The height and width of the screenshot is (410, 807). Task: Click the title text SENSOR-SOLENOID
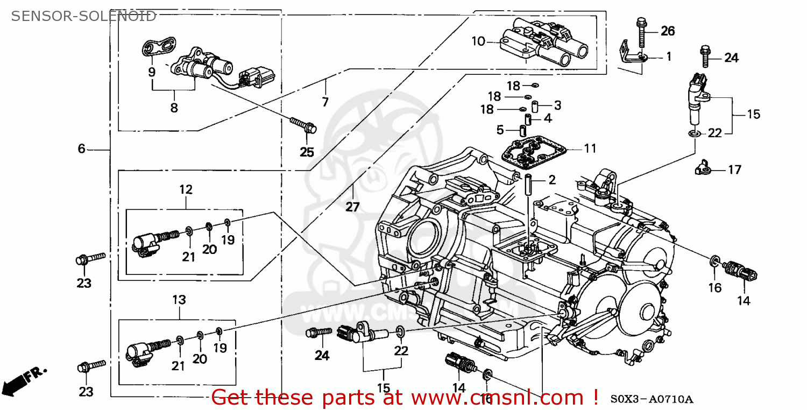84,16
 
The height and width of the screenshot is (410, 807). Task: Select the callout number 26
667,31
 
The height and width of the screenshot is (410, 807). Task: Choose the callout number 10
478,41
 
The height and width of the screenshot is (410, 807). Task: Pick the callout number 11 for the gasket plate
590,148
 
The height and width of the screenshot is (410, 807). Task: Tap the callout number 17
734,169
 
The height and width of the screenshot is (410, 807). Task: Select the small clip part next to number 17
702,169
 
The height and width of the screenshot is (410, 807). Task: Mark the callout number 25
307,152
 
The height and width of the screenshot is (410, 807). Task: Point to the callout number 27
352,207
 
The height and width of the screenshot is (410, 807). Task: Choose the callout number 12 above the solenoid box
186,189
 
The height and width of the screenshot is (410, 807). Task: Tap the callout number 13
179,299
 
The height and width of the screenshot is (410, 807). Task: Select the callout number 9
152,72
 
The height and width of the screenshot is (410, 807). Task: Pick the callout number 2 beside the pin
552,180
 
